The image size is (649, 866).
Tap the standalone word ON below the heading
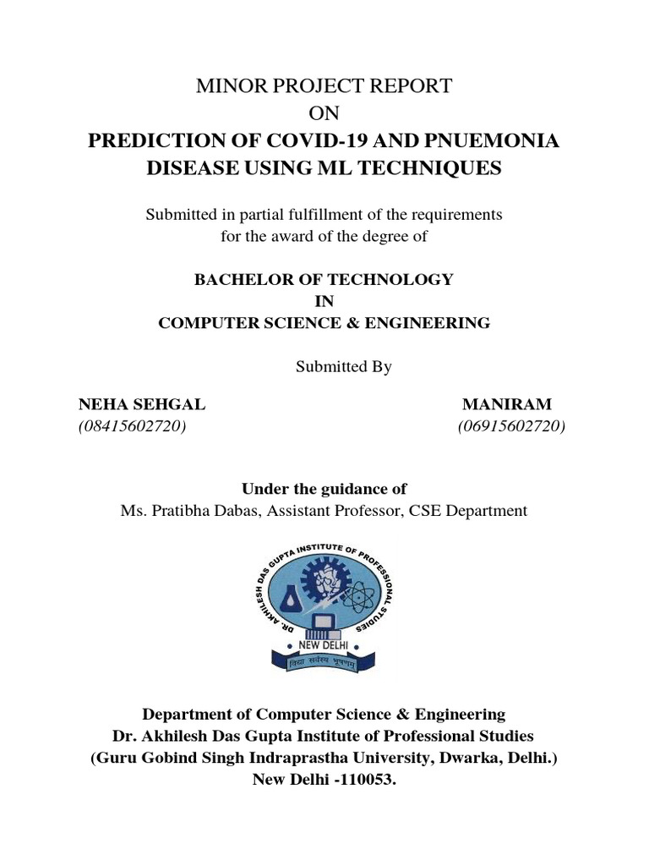pos(324,112)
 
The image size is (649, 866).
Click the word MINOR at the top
pos(227,85)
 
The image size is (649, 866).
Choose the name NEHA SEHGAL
pos(141,404)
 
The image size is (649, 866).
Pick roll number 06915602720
pos(511,426)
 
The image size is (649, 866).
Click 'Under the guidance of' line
pos(324,488)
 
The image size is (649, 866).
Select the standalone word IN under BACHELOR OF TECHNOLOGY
pos(324,300)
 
